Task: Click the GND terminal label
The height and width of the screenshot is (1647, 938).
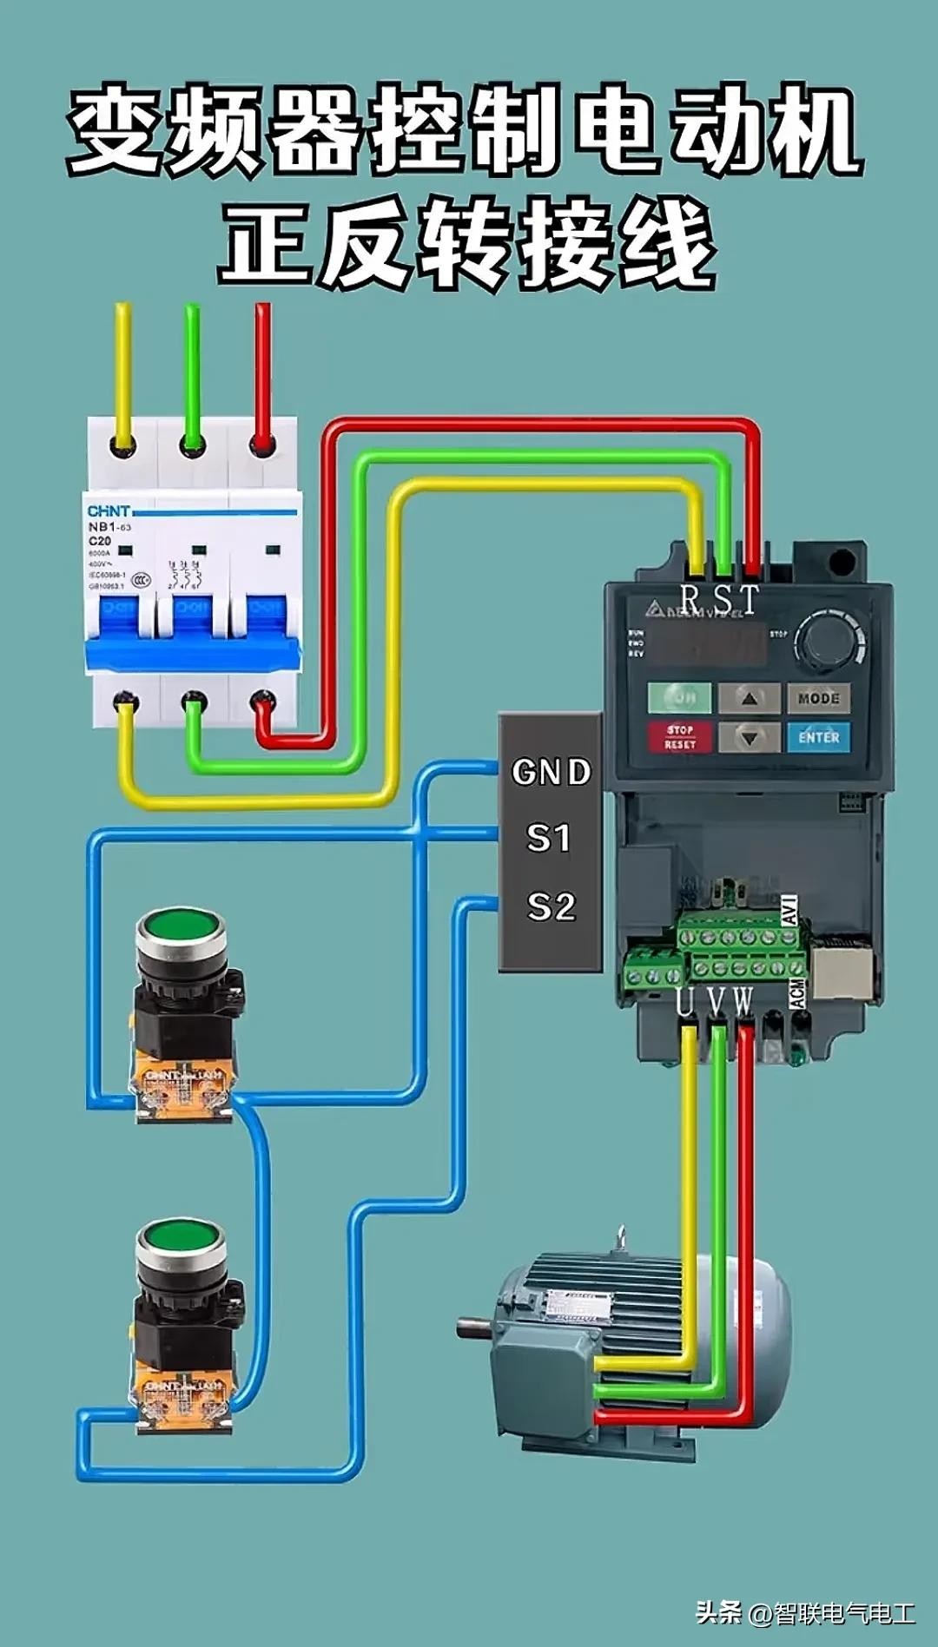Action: (x=551, y=772)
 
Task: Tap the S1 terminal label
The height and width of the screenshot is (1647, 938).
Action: (x=549, y=838)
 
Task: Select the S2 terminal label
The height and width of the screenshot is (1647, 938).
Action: (x=551, y=907)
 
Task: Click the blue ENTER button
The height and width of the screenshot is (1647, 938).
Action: (x=818, y=737)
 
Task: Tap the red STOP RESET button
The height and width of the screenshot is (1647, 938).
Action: (x=680, y=737)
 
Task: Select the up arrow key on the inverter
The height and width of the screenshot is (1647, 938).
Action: (x=749, y=697)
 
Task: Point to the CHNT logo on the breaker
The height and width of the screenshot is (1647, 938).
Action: (x=109, y=511)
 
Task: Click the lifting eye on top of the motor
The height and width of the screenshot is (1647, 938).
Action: (x=620, y=1237)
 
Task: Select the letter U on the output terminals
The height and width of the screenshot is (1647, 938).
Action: (x=685, y=1002)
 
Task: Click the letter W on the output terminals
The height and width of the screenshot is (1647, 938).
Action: (x=743, y=1002)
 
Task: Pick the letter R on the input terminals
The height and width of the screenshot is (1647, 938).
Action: (x=690, y=599)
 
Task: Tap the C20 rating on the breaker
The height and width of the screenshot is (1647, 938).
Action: (x=100, y=540)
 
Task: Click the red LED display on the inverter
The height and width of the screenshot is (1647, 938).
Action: (x=708, y=644)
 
